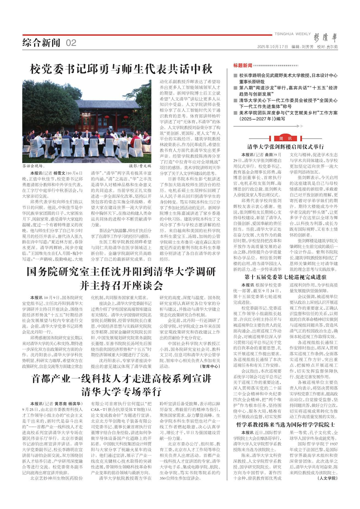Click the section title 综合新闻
[x=41, y=43]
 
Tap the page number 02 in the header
[x=71, y=43]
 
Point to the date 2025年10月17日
[x=273, y=47]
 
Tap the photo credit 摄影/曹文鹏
[x=140, y=166]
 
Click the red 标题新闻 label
[x=243, y=65]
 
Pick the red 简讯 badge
[x=285, y=138]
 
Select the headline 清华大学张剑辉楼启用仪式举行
[x=285, y=146]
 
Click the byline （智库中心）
[x=210, y=366]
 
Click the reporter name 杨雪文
[x=59, y=173]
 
